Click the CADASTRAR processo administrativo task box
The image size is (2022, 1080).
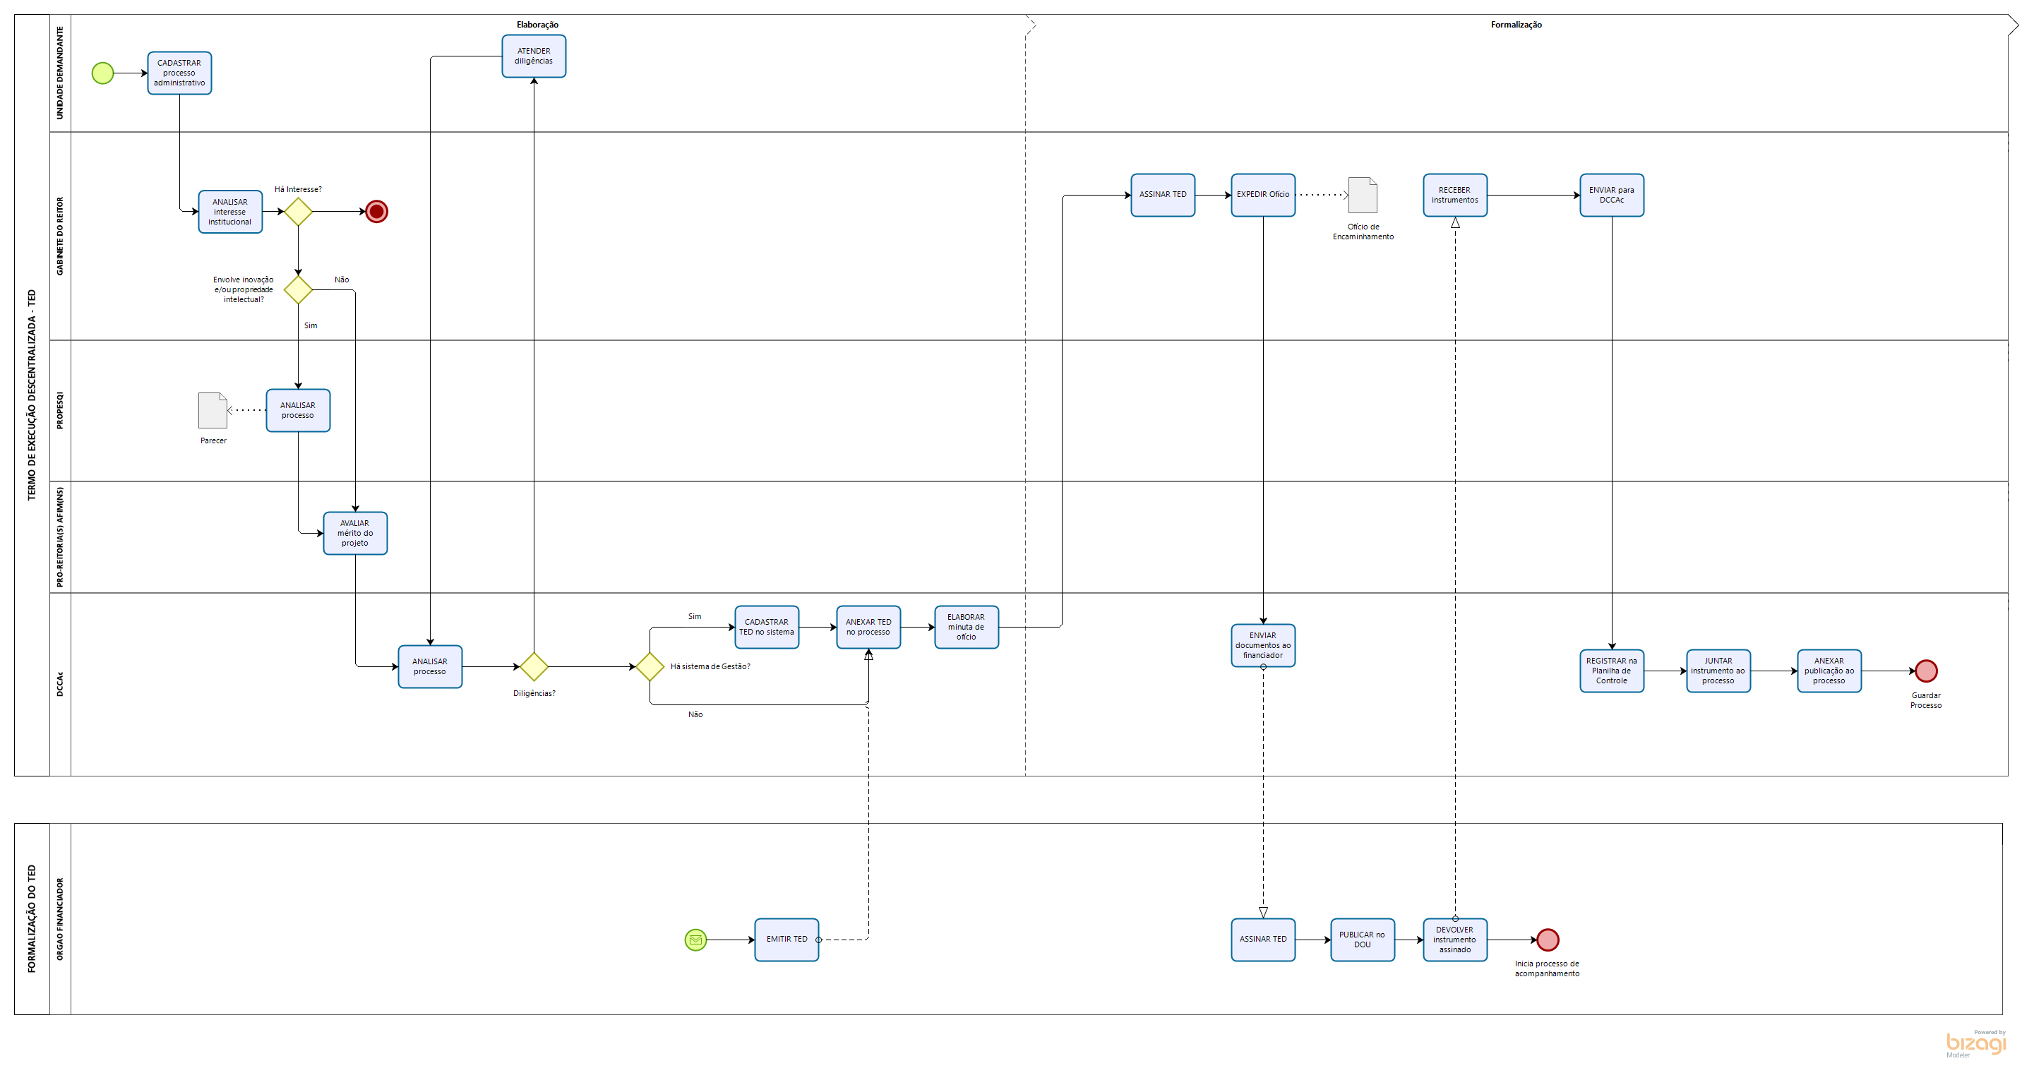179,73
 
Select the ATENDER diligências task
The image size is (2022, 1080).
534,56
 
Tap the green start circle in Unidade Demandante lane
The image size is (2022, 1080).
103,73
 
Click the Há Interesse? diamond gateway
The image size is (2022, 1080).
298,211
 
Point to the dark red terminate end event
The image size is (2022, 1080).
377,211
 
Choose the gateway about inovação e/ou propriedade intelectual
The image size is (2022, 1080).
298,289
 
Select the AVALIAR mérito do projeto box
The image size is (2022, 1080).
355,533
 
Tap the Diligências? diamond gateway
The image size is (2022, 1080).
534,666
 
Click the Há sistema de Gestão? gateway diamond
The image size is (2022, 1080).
650,666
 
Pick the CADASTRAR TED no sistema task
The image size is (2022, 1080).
766,627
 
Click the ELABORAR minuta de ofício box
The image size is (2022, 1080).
967,627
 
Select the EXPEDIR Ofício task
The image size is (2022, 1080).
1263,195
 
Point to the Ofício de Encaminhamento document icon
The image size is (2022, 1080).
1363,195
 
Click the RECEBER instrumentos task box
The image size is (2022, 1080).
1454,195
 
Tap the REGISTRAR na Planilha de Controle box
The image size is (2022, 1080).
1612,671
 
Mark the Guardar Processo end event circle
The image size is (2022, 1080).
1926,671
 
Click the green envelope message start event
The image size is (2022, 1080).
695,940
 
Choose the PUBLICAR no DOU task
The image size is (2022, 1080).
1362,940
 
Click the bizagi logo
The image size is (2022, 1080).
1975,1043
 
